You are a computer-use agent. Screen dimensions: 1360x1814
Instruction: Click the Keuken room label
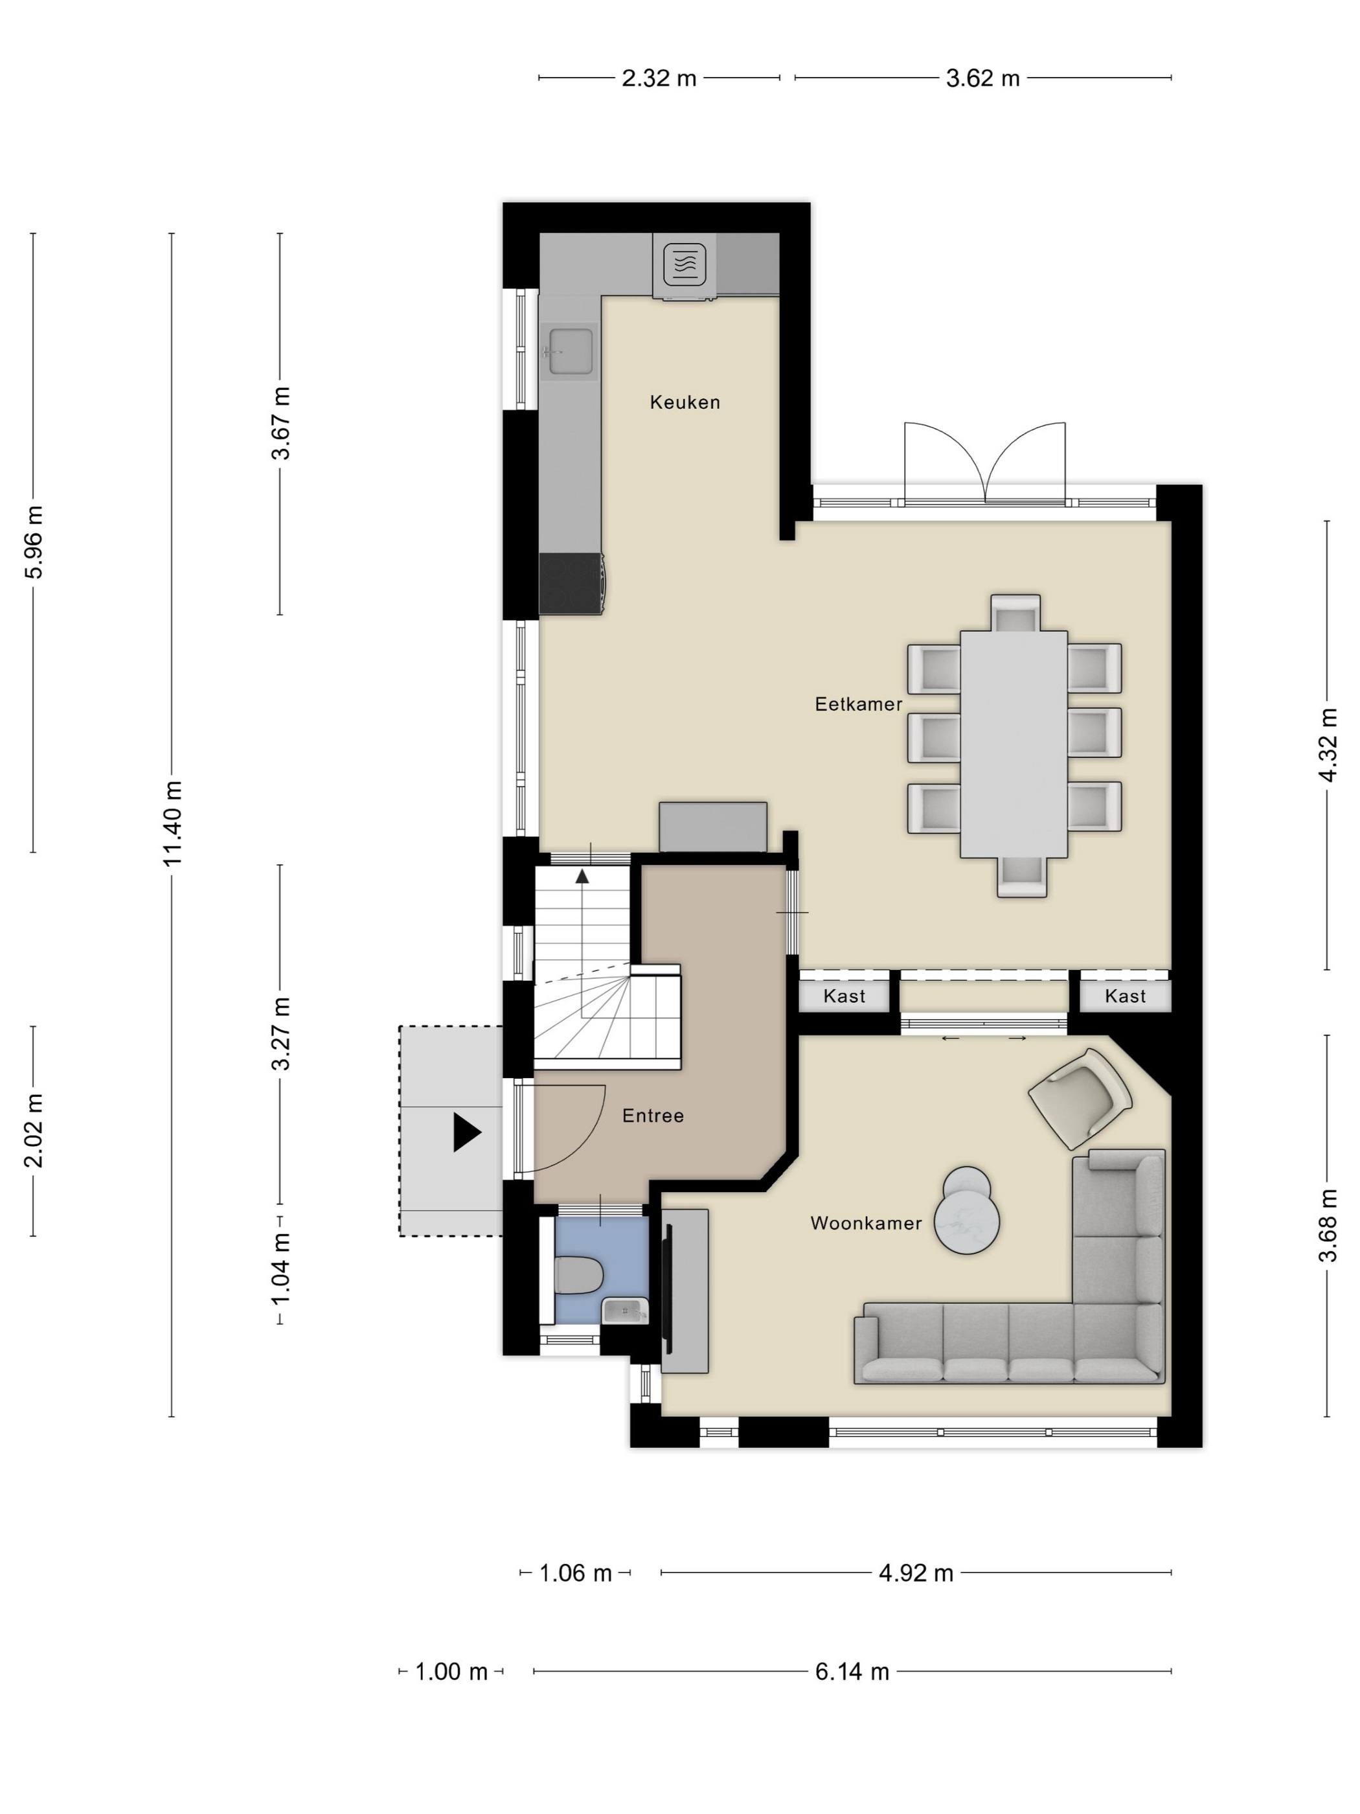[685, 402]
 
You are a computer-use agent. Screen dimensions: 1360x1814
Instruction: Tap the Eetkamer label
[858, 704]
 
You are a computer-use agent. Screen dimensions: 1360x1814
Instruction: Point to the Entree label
[653, 1116]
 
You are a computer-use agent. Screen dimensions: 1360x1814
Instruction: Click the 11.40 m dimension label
[172, 823]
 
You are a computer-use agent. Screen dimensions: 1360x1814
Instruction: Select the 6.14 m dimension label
[852, 1671]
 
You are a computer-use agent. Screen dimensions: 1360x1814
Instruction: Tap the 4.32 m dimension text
[1328, 744]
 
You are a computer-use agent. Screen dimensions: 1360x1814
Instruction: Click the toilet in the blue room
[579, 1275]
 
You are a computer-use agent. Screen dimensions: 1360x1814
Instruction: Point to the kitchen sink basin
[571, 351]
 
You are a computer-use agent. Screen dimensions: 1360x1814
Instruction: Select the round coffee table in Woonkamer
[968, 1211]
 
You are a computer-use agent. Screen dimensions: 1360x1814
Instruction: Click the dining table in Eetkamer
[1014, 744]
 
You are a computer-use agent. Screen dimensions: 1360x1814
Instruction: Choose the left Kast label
[844, 996]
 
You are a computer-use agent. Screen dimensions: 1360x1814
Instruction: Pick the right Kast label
[1125, 996]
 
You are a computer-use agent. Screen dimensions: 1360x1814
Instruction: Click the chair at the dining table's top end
[1015, 613]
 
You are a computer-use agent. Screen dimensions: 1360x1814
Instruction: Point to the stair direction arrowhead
[582, 876]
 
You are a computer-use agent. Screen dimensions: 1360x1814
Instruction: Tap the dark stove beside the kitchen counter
[571, 583]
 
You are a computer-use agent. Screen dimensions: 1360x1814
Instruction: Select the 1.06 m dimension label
[576, 1573]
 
